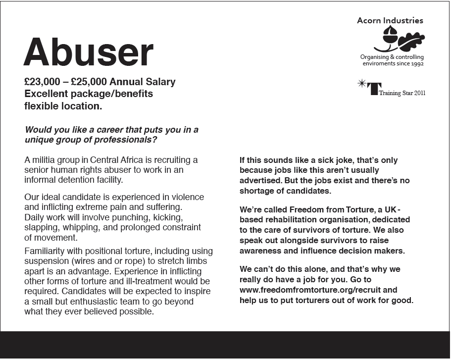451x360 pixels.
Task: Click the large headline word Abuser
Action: [x=89, y=52]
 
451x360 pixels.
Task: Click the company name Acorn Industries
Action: [x=390, y=21]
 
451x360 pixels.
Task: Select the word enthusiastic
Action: [x=118, y=302]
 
